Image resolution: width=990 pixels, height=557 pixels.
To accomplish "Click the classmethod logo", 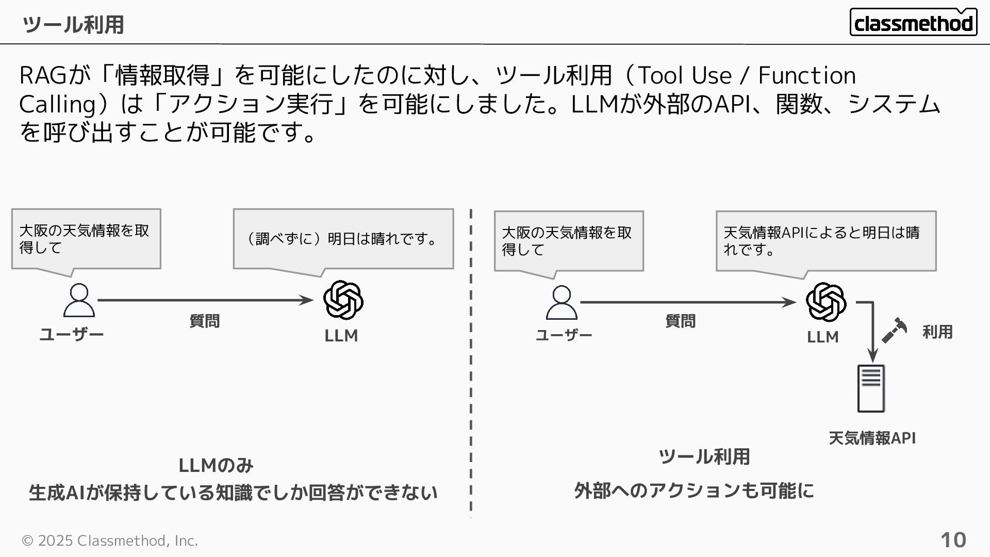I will (x=913, y=23).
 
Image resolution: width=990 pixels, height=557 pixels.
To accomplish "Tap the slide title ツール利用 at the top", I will (x=73, y=24).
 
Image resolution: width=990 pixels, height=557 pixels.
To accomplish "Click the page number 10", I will (x=953, y=540).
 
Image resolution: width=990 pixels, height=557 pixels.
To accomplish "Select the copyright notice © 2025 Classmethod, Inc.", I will (x=109, y=540).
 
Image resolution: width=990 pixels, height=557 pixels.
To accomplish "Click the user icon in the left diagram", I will (x=79, y=300).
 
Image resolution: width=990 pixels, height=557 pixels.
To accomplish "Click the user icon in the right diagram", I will (x=562, y=303).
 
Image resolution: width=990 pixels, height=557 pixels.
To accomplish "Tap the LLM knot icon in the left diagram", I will (x=343, y=300).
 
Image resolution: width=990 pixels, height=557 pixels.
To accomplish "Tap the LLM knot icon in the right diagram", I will (x=826, y=302).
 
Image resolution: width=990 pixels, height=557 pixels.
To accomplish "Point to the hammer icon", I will (x=894, y=330).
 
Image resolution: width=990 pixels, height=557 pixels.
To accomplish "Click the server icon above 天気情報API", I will (x=871, y=388).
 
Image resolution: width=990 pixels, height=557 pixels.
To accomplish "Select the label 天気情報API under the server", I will (x=872, y=438).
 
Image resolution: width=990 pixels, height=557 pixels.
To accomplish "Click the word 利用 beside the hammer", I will (x=937, y=332).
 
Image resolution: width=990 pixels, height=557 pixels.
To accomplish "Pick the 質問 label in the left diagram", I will (x=204, y=321).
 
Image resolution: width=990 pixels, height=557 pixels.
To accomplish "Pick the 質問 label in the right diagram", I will (x=680, y=321).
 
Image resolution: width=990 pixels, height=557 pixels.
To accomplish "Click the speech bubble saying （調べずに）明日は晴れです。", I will (x=343, y=239).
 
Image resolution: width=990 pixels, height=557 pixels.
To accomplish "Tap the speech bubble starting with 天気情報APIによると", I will (x=826, y=241).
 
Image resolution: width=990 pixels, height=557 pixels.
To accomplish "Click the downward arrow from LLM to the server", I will (x=872, y=335).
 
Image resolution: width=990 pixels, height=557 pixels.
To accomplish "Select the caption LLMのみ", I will (x=216, y=465).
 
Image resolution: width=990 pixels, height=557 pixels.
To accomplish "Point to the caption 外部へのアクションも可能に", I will (x=694, y=490).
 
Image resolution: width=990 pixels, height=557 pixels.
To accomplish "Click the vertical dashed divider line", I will (x=471, y=361).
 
